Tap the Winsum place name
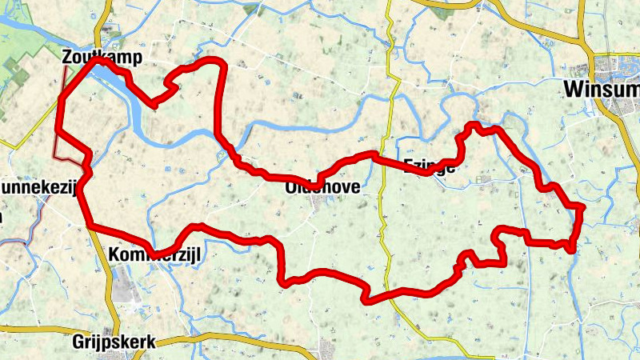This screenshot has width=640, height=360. [599, 89]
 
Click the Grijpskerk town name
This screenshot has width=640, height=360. [113, 342]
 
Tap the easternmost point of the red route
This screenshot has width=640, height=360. [582, 208]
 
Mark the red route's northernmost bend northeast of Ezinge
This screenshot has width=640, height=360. [474, 125]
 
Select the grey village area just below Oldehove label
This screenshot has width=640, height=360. [324, 204]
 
